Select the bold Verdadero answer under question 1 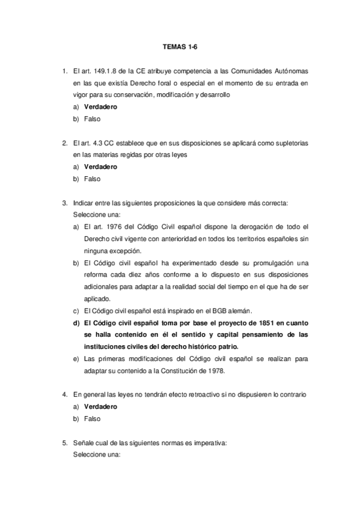pos(100,107)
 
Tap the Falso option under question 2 pos(92,179)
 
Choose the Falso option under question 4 pos(92,418)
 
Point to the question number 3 pos(64,203)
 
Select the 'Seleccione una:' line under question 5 pos(97,455)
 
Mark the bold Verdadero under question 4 pos(100,406)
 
